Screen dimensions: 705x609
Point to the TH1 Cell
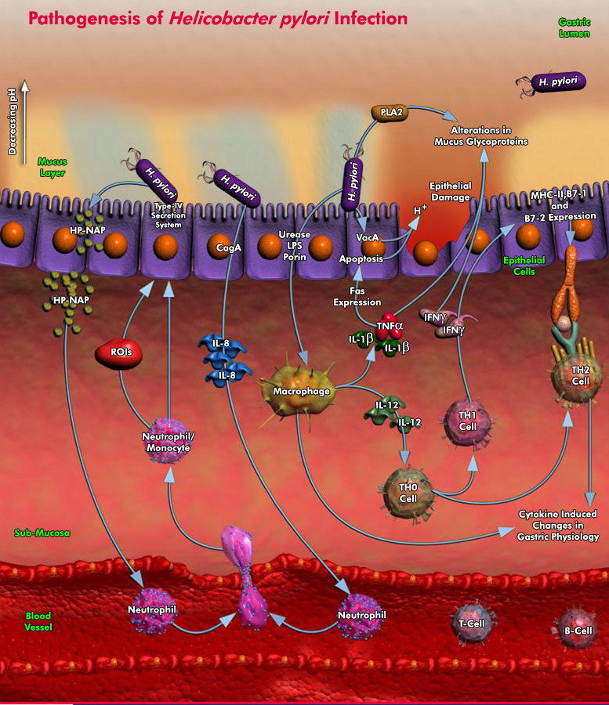point(467,421)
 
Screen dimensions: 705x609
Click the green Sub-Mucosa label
point(42,533)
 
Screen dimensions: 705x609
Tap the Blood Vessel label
point(38,621)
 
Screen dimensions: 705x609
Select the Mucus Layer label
point(52,167)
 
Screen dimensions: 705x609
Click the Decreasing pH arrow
point(24,117)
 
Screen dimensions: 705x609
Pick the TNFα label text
point(389,325)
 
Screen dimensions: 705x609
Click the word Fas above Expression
point(357,291)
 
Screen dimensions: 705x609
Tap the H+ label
point(419,211)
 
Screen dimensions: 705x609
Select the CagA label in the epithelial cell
point(229,248)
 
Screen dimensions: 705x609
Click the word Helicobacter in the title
point(231,17)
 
